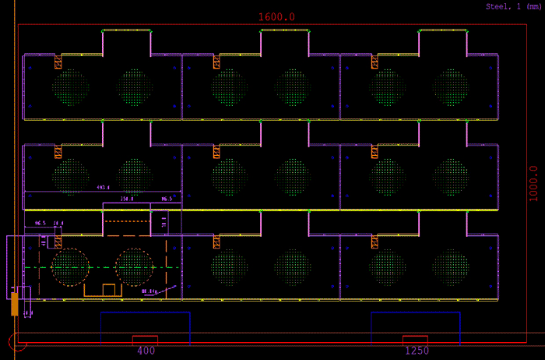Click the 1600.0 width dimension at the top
[276, 16]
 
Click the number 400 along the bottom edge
[146, 351]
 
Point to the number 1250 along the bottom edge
[417, 351]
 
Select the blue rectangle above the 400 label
[145, 327]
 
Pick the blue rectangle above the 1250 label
[415, 327]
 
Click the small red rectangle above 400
[145, 340]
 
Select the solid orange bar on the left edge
[14, 303]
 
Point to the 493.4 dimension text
[103, 188]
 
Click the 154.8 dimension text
[126, 199]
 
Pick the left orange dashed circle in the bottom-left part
[71, 266]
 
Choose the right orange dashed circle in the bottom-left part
[135, 266]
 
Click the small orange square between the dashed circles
[109, 290]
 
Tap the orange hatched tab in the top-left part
[58, 62]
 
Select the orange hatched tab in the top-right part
[374, 62]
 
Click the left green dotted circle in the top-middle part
[229, 87]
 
